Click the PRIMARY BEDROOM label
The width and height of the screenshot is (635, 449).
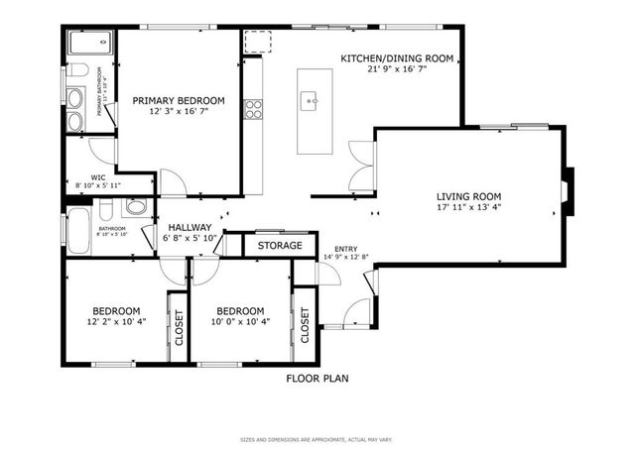coord(180,100)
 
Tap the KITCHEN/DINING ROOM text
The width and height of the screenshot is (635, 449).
coord(397,58)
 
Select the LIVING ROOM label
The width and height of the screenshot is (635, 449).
coord(468,195)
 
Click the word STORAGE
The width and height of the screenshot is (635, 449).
coord(280,245)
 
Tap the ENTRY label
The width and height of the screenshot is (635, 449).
coord(346,249)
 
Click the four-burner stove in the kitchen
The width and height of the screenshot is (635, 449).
coord(254,107)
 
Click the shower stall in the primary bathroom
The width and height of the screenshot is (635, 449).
coord(90,46)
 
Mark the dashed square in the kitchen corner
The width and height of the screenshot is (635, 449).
coord(258,41)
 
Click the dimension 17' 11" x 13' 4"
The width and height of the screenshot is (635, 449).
coord(468,207)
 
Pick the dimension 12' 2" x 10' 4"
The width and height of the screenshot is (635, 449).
coord(117,321)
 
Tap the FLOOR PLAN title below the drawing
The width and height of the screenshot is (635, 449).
coord(317,378)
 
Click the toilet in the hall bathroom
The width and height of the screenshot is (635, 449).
coord(137,208)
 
